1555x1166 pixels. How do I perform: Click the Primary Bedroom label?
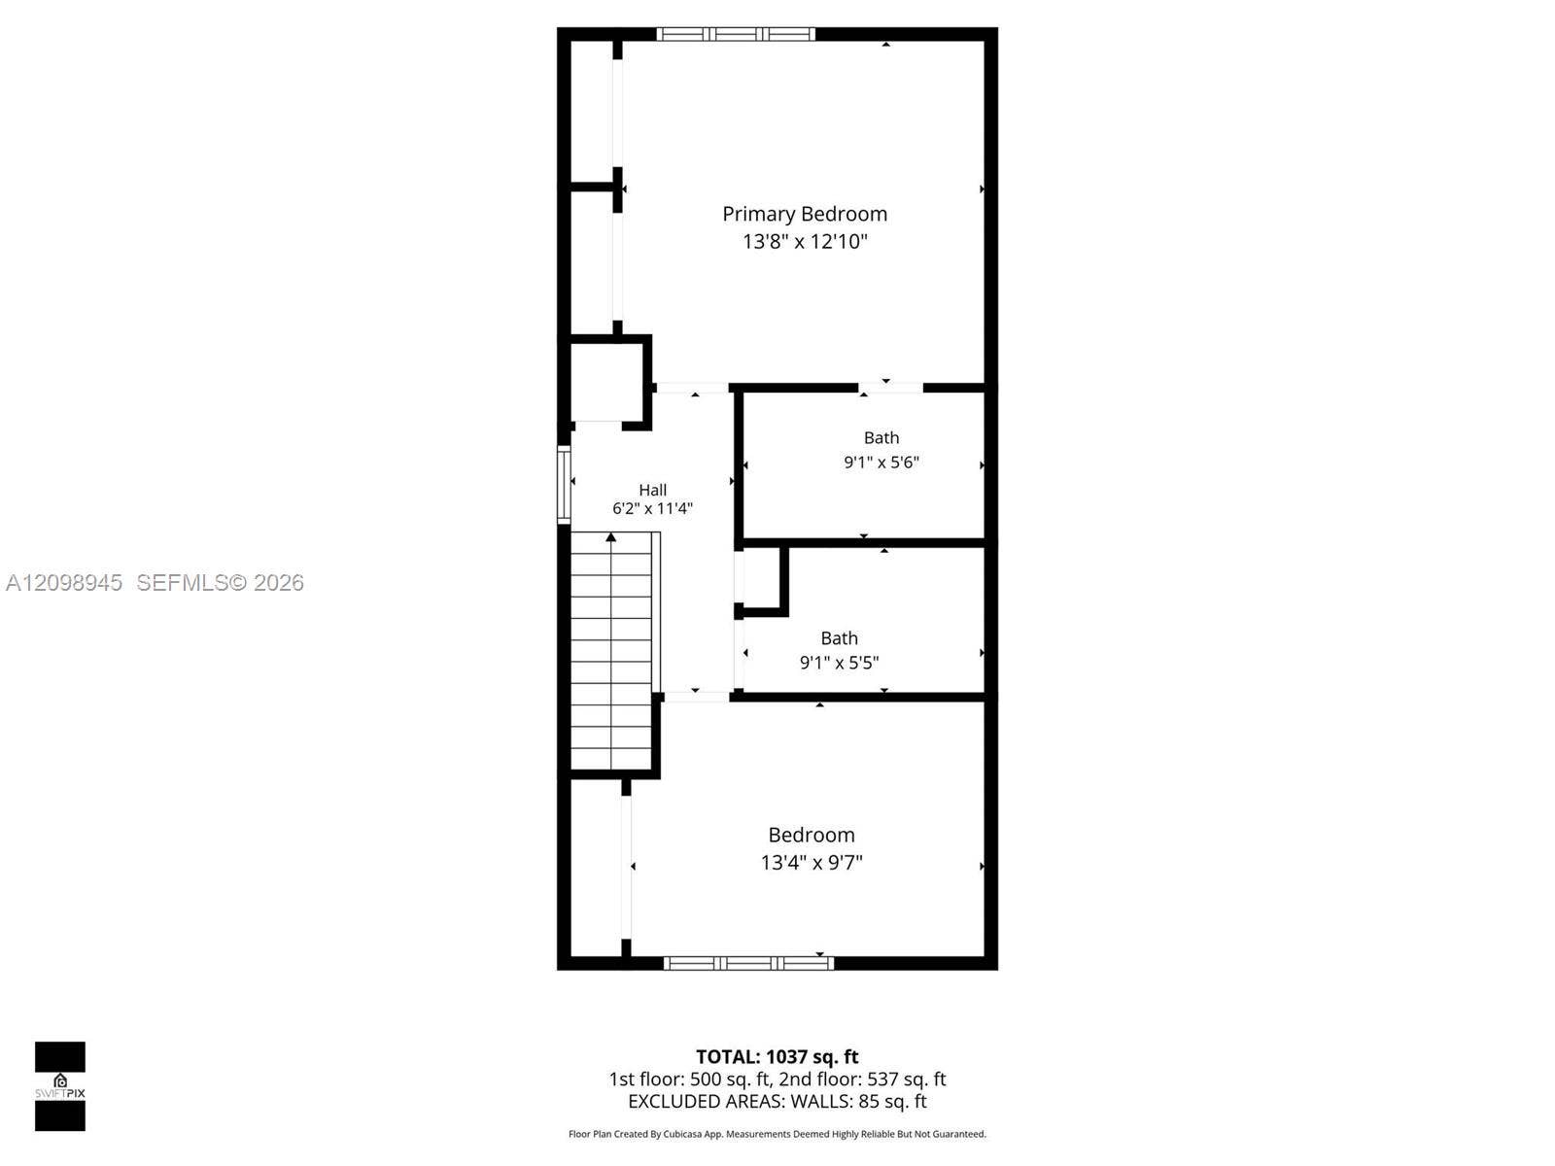coord(804,214)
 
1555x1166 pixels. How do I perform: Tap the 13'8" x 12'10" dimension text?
coord(804,241)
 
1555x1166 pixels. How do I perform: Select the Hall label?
coord(652,489)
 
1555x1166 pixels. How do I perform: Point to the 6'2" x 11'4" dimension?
coord(652,507)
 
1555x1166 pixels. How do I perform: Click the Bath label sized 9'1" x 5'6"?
coord(881,437)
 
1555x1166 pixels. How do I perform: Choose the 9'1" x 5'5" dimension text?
coord(839,662)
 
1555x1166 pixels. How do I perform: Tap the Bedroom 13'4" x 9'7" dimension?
coord(812,862)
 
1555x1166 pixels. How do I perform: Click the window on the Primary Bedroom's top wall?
coord(736,34)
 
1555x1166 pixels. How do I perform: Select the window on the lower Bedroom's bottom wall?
coord(748,963)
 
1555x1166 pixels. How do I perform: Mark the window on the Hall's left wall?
coord(564,485)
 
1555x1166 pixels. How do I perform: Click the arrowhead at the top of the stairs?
coord(610,537)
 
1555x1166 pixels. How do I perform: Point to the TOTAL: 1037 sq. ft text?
coord(777,1056)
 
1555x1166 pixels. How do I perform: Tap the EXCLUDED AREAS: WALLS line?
coord(777,1101)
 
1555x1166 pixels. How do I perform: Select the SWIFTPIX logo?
coord(60,1086)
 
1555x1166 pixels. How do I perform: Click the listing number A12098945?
coord(64,583)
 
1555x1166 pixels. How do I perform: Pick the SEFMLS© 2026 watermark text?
coord(220,583)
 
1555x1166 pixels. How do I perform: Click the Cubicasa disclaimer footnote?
coord(777,1134)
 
